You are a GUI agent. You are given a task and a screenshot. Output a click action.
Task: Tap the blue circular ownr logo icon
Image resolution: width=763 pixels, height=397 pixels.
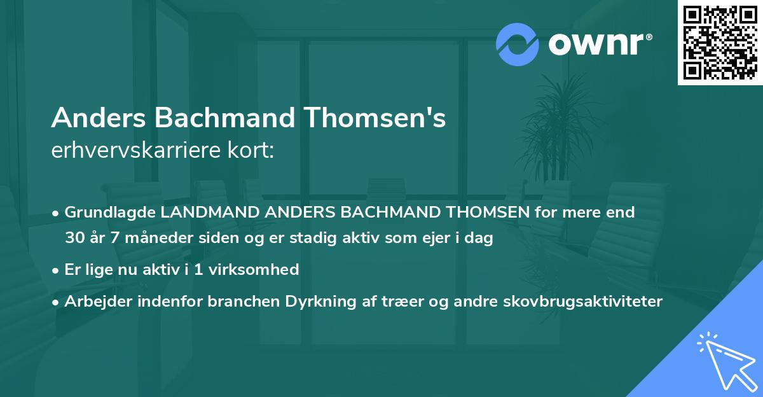(518, 45)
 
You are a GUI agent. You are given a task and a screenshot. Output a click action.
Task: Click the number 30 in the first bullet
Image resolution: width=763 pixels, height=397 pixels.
(74, 239)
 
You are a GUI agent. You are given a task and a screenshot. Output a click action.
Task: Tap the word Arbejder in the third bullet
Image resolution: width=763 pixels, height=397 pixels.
(95, 302)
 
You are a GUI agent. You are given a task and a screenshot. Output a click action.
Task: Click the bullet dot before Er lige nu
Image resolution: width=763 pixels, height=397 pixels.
(56, 270)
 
